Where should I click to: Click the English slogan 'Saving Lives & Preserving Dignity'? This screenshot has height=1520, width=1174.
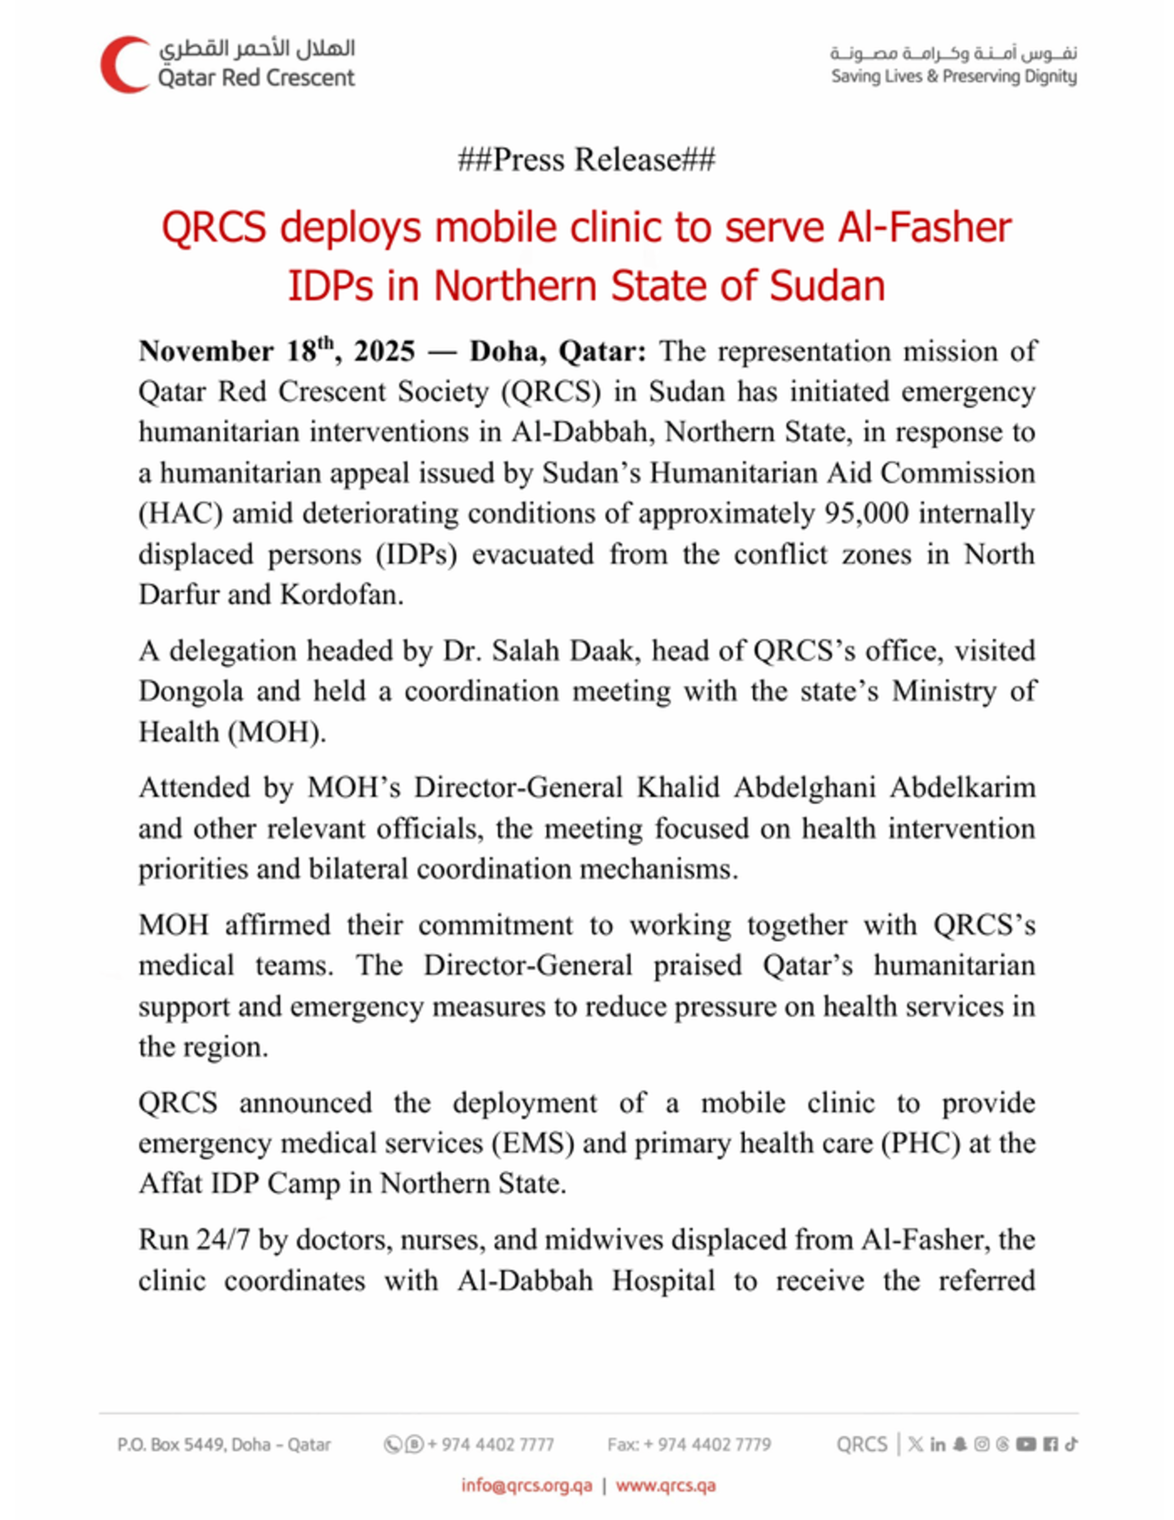click(x=953, y=77)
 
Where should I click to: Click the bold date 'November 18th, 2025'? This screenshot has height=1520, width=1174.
click(x=276, y=351)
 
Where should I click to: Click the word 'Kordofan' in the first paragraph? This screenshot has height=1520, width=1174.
click(x=341, y=595)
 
